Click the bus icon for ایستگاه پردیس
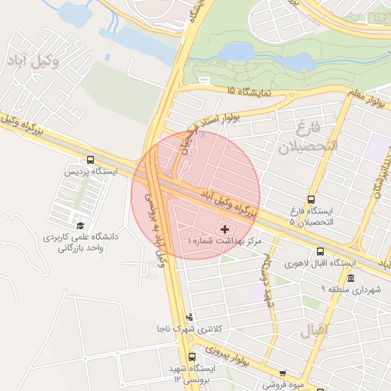91,160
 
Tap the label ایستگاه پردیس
91,172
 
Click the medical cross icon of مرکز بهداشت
224,229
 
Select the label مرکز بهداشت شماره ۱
224,241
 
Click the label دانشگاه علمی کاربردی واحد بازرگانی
82,242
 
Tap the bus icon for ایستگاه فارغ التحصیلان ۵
311,199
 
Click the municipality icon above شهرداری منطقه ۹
351,278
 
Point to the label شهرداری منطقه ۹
351,289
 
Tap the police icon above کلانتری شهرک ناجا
189,317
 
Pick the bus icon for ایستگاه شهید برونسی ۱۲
191,357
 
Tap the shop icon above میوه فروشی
283,373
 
